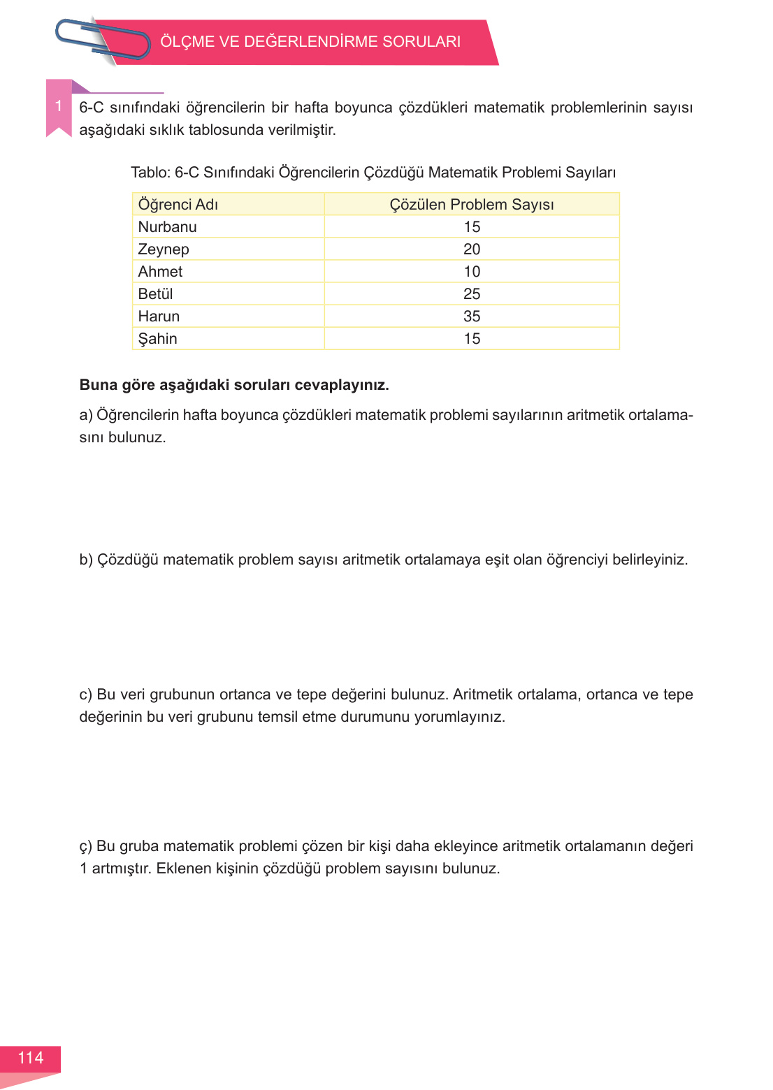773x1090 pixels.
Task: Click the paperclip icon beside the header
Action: coord(103,40)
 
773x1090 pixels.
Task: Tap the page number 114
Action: coord(31,1058)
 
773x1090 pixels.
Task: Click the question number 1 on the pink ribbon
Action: coord(59,106)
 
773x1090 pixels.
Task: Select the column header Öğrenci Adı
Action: coord(178,205)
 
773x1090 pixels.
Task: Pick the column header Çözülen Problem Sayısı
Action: coord(472,205)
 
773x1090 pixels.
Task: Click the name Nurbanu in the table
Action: coord(168,227)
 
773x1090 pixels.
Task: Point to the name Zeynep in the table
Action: coord(164,249)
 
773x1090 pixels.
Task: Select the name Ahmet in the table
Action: coord(160,272)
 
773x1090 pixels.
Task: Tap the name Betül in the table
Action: coord(155,294)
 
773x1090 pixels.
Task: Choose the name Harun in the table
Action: coord(159,317)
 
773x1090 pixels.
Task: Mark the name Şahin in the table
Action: coord(157,339)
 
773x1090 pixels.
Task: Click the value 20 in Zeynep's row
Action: coord(472,249)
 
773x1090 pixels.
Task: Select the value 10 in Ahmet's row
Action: coord(472,272)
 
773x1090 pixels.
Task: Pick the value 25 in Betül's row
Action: coord(472,294)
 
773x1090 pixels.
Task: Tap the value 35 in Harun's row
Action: coord(472,317)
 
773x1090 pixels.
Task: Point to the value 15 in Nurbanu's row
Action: coord(472,227)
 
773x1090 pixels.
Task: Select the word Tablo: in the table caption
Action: coord(150,173)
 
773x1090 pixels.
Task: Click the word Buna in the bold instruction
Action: coord(98,385)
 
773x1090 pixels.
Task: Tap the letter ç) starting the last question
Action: coord(85,847)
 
